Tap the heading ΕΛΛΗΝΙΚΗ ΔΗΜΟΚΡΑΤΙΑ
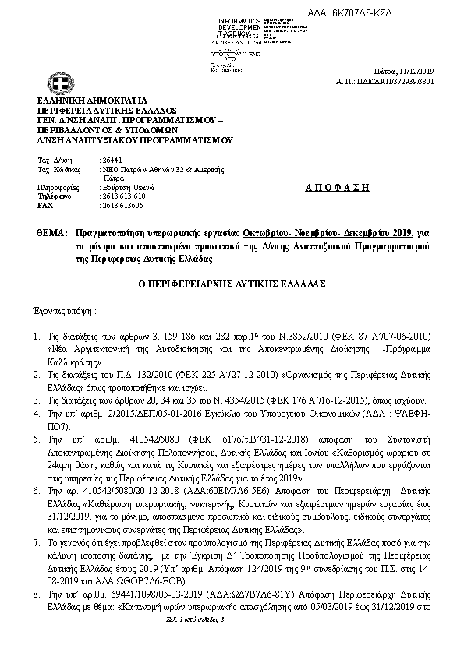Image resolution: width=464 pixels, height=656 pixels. coord(85,101)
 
